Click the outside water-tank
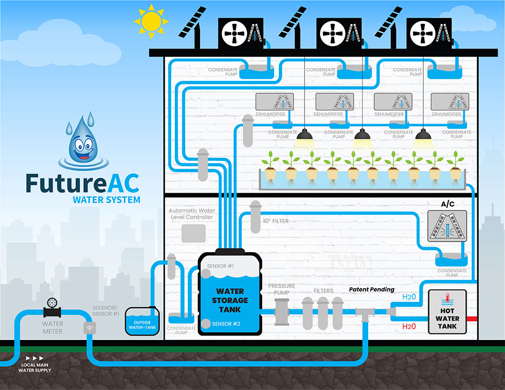142,322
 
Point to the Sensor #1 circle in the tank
206,273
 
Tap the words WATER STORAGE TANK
230,300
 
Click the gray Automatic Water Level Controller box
193,233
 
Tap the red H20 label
409,326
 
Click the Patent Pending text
372,290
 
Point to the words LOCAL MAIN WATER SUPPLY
35,367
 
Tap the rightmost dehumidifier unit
450,102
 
